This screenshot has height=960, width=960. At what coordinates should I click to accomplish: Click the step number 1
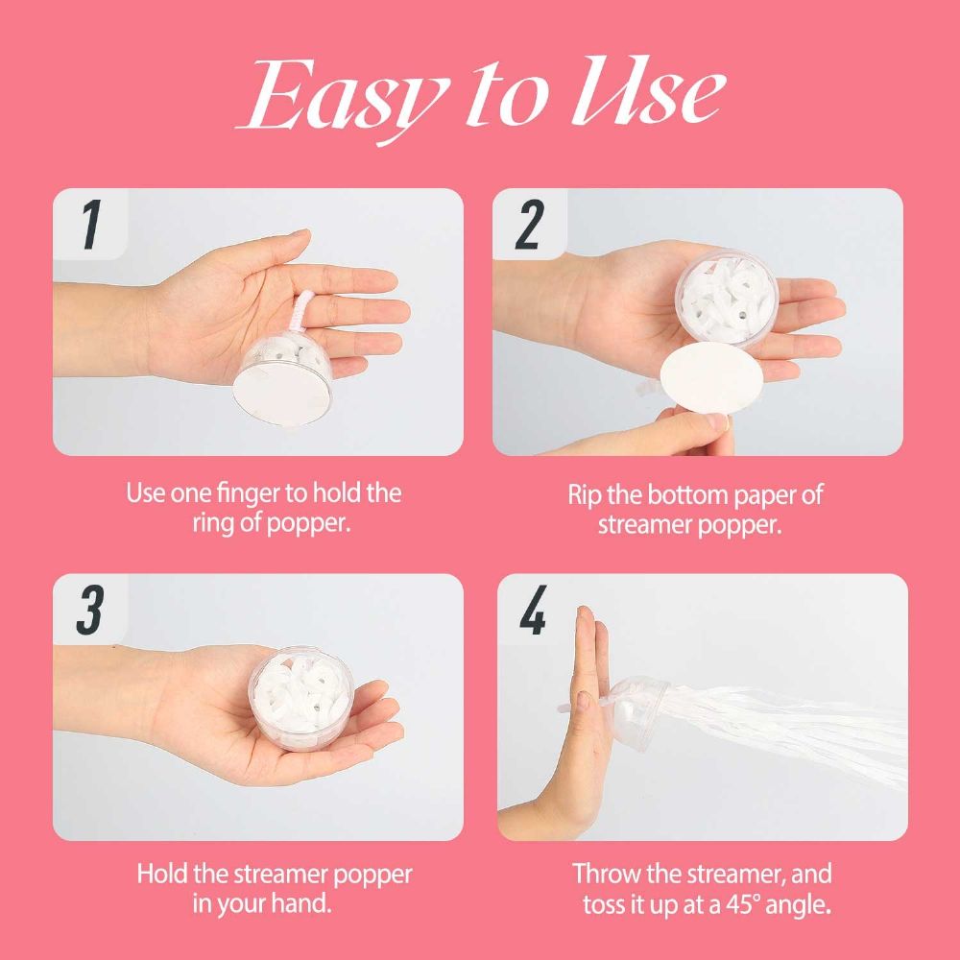90,225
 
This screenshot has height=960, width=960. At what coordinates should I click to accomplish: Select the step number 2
530,225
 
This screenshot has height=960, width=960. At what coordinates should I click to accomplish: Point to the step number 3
90,610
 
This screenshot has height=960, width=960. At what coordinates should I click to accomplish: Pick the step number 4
533,610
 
